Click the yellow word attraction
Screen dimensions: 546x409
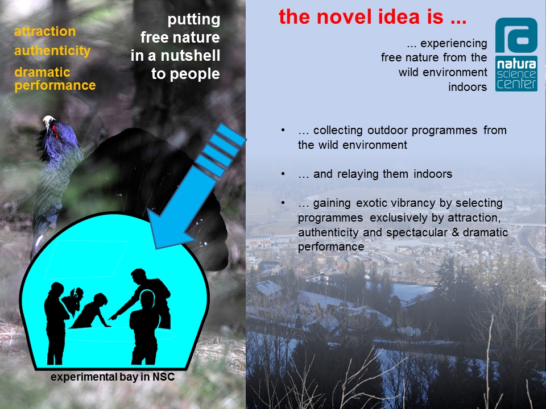(x=45, y=31)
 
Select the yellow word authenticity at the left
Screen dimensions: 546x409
(x=52, y=51)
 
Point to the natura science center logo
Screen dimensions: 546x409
(x=516, y=55)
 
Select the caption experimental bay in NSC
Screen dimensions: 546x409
(x=113, y=377)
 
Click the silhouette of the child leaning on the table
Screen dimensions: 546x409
(x=92, y=311)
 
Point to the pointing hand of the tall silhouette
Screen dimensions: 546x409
(x=113, y=316)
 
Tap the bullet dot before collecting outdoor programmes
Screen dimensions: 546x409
(x=283, y=131)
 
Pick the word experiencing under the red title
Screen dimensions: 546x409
(x=454, y=44)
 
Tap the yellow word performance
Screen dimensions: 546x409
(x=55, y=86)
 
